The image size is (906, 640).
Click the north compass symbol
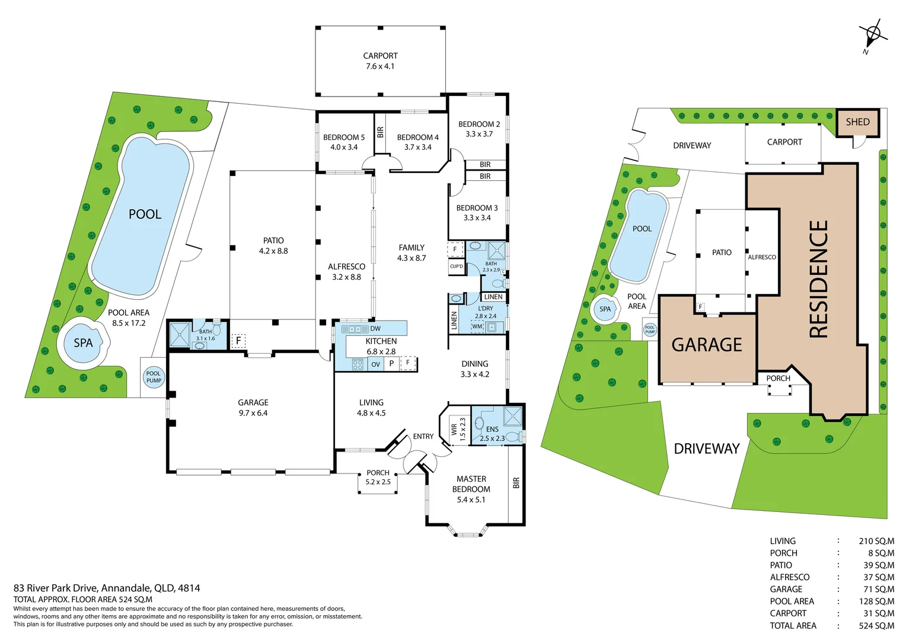(x=873, y=36)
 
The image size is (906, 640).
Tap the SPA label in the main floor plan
(x=84, y=343)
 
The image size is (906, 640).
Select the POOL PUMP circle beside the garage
(x=154, y=377)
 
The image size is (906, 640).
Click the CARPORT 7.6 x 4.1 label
(x=380, y=61)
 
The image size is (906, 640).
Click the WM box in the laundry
(x=477, y=327)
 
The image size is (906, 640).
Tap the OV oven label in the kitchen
(x=376, y=364)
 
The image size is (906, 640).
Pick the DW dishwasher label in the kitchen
(x=375, y=329)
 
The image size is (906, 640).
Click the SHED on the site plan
(x=857, y=122)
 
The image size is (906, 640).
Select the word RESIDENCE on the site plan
(x=819, y=279)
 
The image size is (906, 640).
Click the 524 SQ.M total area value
(x=876, y=625)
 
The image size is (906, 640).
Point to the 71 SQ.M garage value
(x=879, y=589)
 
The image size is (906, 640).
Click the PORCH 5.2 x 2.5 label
(x=378, y=477)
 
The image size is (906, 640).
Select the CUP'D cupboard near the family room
(x=456, y=266)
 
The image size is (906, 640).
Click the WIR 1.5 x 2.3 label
(x=458, y=430)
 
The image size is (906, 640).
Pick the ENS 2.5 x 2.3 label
(x=492, y=434)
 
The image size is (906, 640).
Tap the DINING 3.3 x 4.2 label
(x=475, y=369)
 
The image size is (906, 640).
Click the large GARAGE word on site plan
(x=707, y=345)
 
